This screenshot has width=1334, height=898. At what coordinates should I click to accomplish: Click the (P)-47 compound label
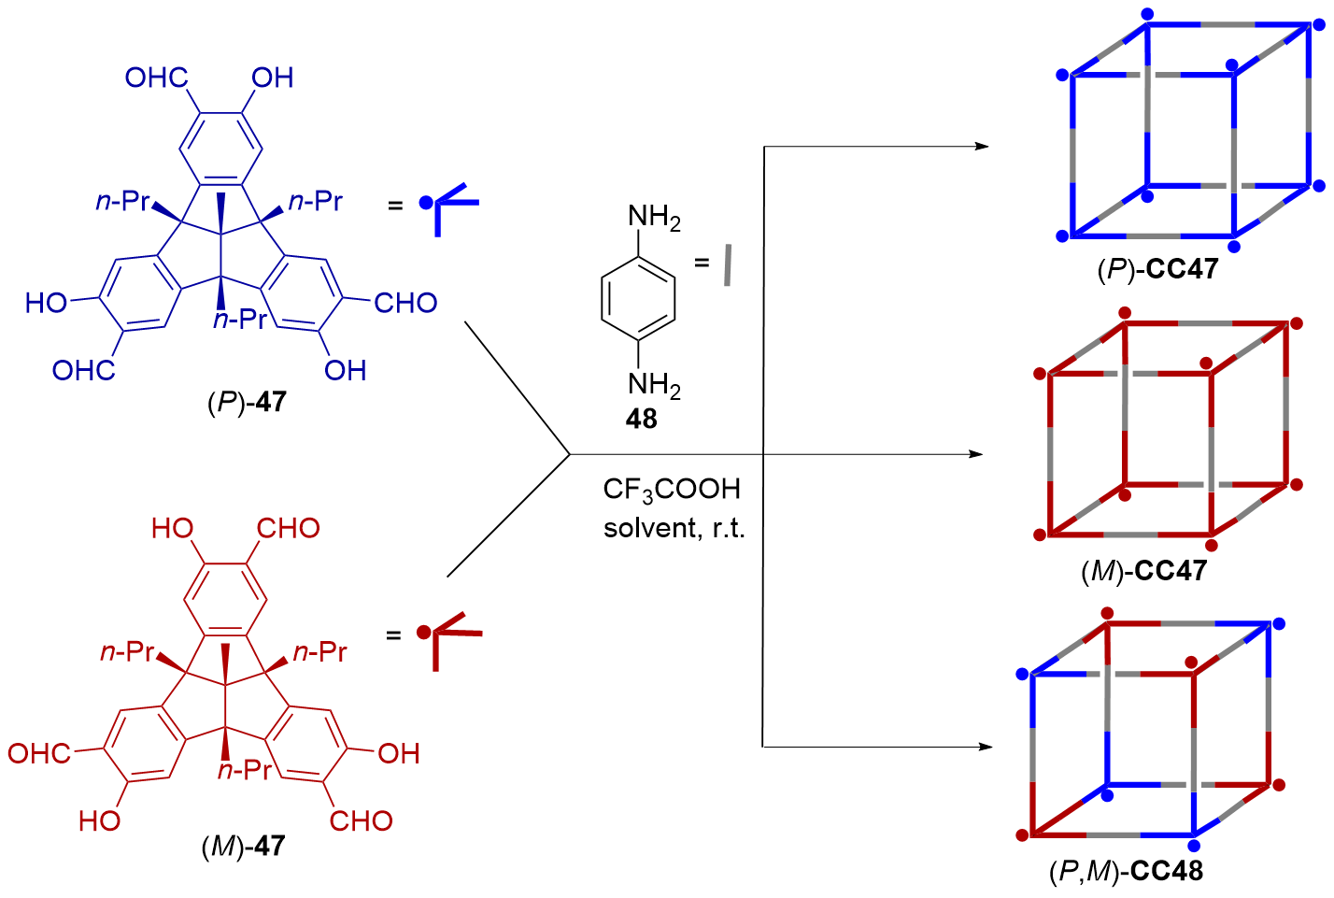point(246,403)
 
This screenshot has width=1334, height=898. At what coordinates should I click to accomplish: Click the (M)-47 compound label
point(243,847)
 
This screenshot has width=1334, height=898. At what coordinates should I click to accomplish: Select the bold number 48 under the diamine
point(641,419)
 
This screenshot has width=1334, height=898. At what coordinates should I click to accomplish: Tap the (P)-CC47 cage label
point(1157,269)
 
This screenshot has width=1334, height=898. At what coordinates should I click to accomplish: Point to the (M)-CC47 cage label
point(1143,571)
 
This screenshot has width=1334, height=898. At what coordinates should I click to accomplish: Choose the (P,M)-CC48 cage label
point(1126,872)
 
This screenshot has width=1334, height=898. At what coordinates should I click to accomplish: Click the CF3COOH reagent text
point(672,489)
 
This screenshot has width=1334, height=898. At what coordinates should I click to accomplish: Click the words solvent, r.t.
point(674,529)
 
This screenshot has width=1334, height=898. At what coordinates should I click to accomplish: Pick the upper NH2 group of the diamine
point(653,218)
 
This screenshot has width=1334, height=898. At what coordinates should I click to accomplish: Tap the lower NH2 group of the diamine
point(653,384)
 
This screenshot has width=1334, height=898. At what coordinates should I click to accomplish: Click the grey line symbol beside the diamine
point(728,265)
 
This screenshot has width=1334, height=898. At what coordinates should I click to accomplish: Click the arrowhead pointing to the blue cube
point(981,146)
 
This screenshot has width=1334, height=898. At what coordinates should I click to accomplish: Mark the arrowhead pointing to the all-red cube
point(977,454)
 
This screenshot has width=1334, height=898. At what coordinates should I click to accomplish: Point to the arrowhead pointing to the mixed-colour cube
point(984,747)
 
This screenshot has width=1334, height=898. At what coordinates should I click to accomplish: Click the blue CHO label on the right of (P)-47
point(405,303)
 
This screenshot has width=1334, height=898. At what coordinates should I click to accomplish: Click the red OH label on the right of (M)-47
point(399,753)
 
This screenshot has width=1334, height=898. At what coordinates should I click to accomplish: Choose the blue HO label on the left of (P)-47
point(47,303)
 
